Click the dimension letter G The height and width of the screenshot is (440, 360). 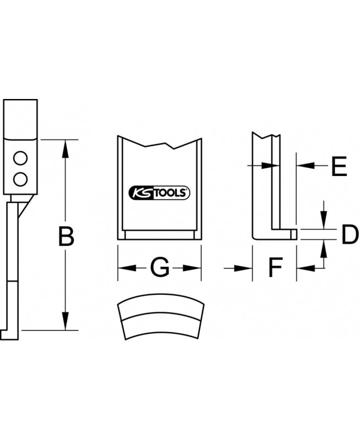160,268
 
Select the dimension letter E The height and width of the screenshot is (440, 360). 339,166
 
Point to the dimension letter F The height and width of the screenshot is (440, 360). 275,268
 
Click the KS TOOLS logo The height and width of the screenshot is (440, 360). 159,193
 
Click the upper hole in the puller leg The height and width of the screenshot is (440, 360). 21,159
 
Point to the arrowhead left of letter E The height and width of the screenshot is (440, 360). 304,164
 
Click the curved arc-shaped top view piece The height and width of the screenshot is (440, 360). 160,320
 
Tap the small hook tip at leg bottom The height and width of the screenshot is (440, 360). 4,334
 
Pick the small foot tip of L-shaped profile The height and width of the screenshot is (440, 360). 294,234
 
